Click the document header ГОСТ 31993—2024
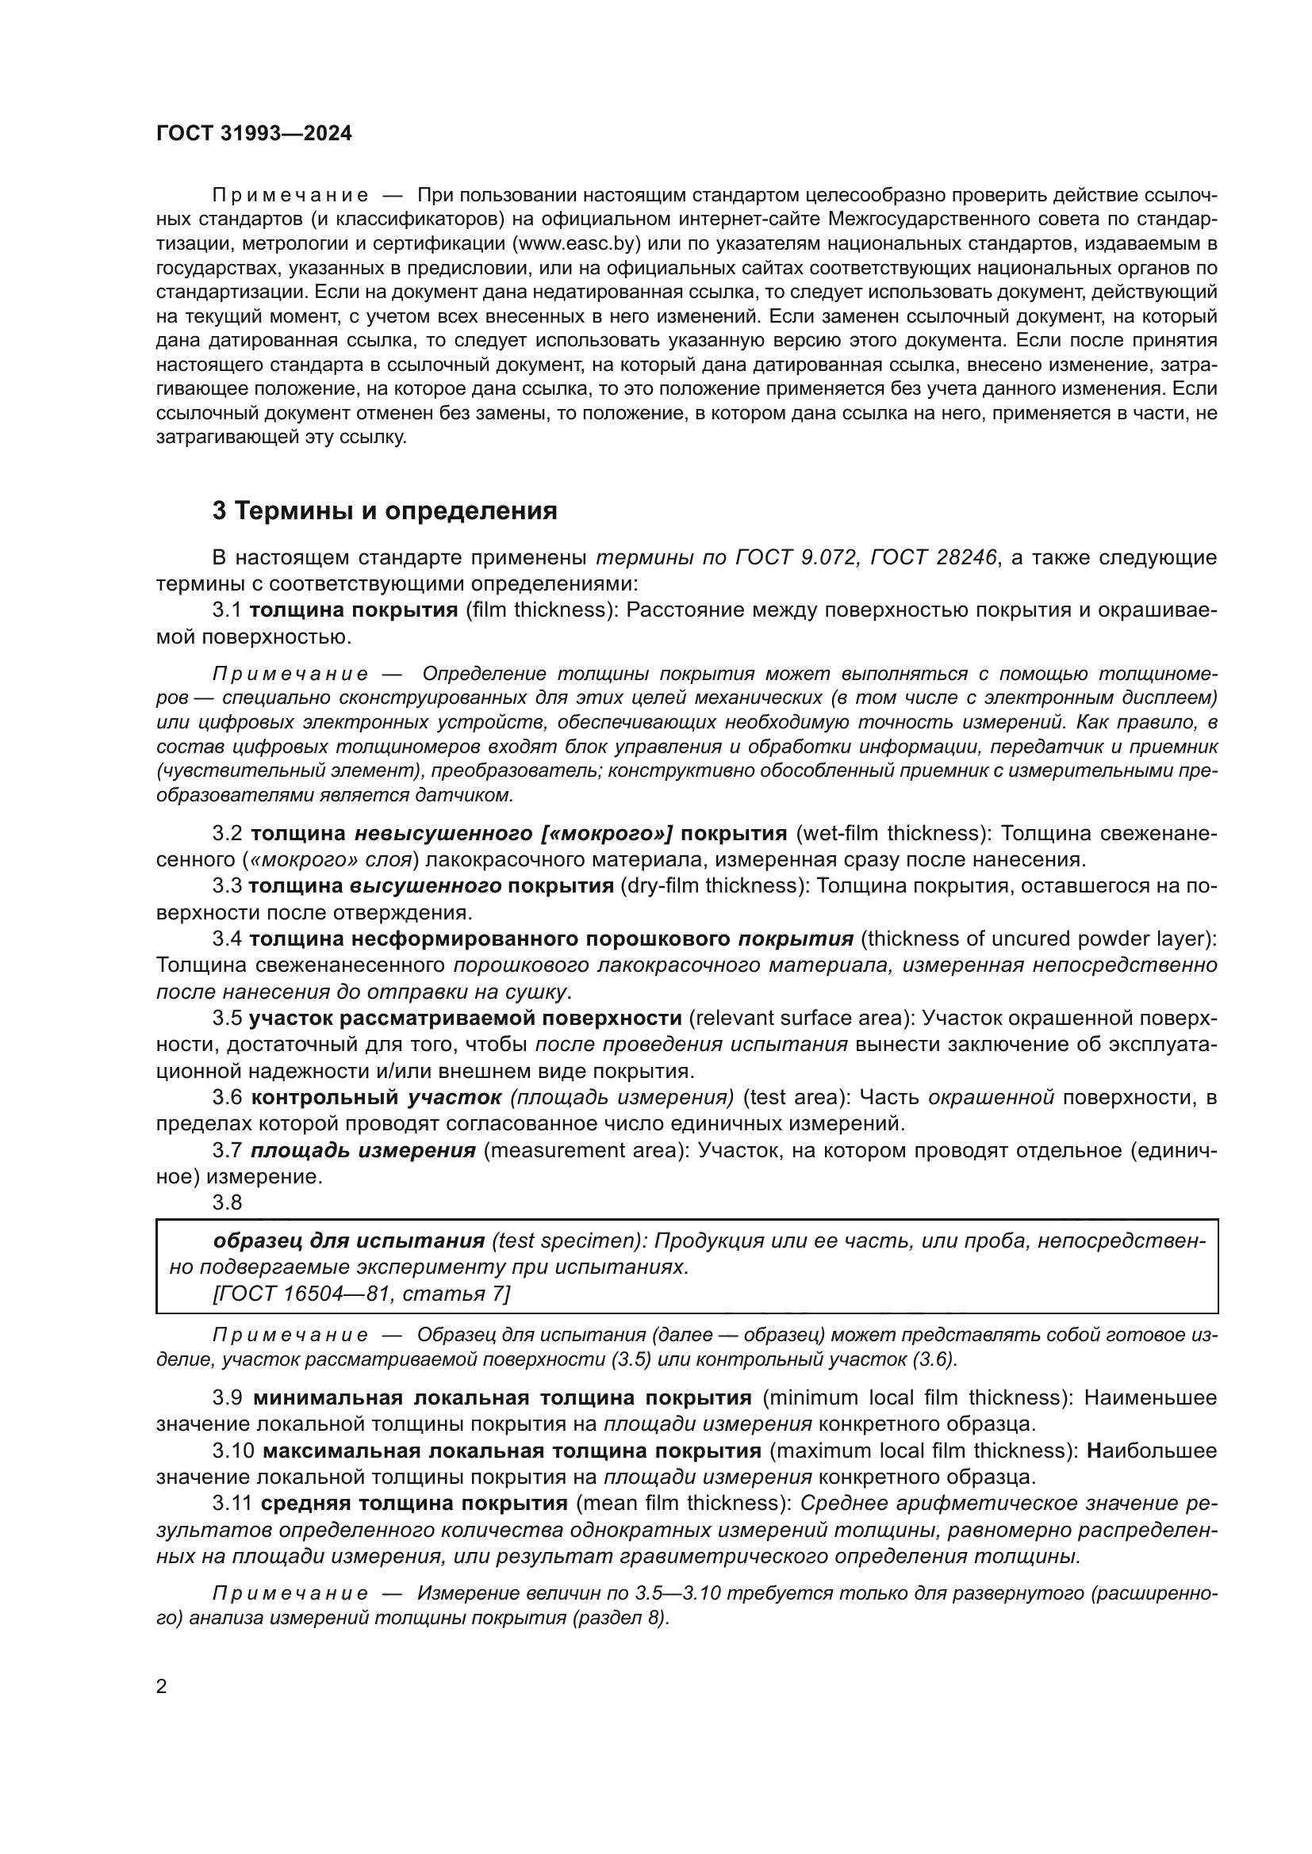[254, 134]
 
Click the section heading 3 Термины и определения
[385, 511]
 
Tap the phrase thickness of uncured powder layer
[1038, 939]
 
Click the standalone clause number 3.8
[227, 1202]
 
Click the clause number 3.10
[233, 1451]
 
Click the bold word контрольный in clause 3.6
[324, 1097]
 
